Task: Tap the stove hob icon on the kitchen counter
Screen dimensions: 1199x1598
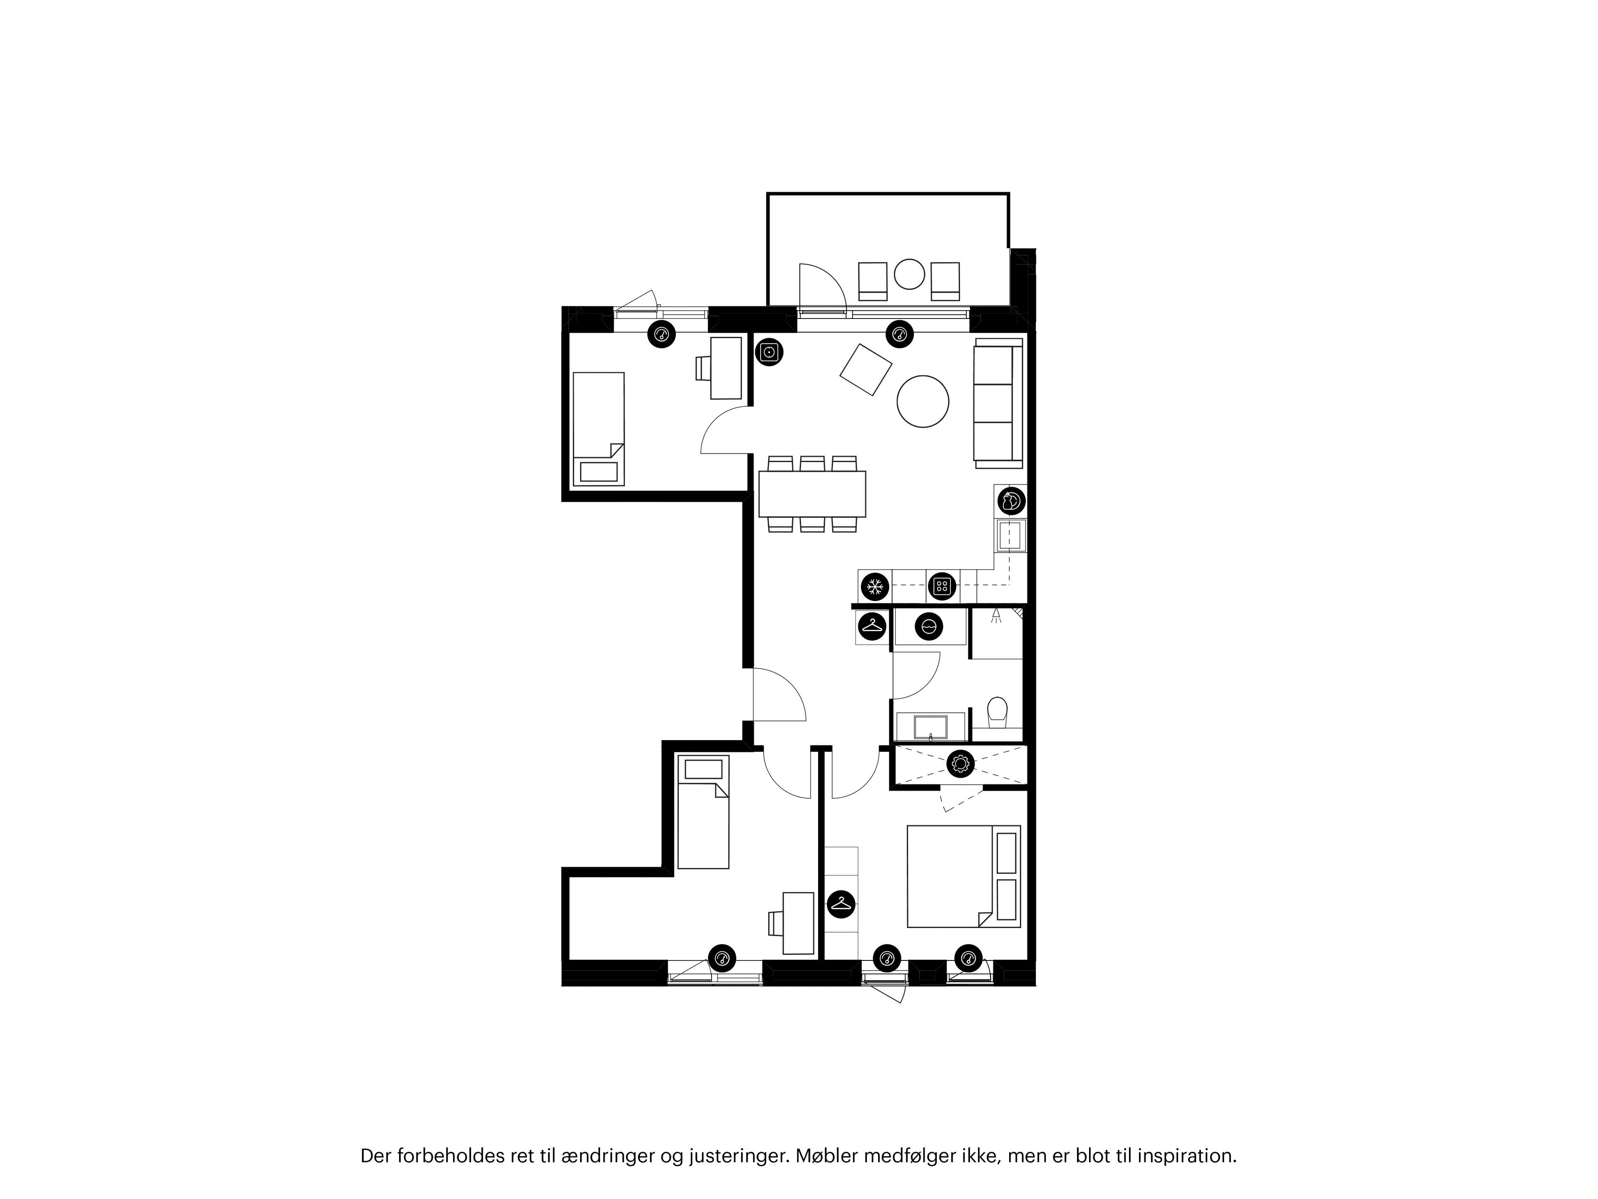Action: tap(941, 586)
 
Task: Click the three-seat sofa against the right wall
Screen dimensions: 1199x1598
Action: tap(997, 403)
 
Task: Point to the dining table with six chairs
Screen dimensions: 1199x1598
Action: tap(812, 494)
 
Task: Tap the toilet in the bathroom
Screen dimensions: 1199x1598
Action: tap(997, 712)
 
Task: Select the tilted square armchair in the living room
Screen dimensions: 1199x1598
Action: tap(866, 369)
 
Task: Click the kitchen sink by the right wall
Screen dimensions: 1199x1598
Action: tap(1010, 535)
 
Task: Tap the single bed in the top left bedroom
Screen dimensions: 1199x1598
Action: tap(598, 428)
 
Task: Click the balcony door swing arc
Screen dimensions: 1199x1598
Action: tap(824, 286)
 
